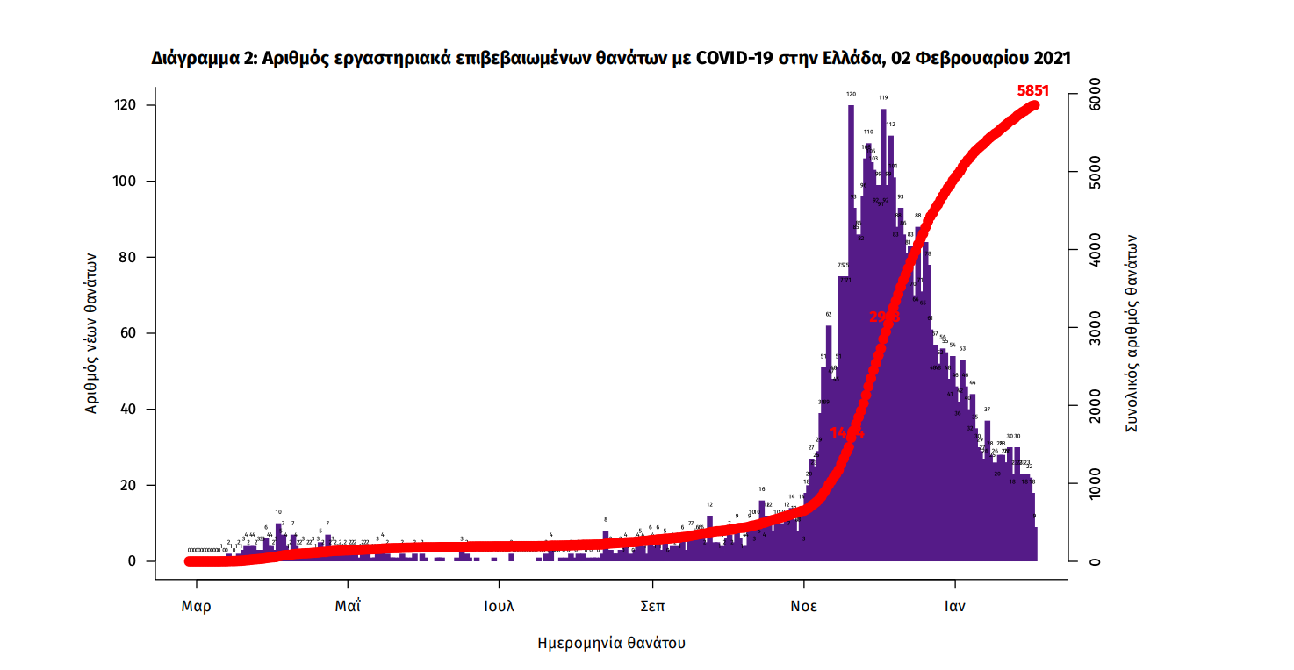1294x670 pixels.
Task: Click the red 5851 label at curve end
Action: [1032, 90]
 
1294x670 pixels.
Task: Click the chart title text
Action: [611, 58]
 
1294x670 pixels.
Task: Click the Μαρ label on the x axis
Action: [196, 606]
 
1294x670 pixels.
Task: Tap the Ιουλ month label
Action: [499, 606]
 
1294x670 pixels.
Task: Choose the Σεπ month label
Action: [651, 606]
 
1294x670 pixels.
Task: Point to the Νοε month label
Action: [803, 606]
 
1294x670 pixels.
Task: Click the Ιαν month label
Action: [955, 606]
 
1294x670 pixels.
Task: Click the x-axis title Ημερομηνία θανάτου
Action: [611, 643]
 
